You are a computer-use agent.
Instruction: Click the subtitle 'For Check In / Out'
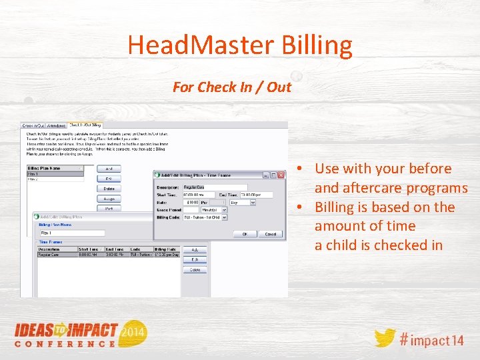tap(232, 87)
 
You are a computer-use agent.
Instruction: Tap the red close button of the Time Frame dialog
tap(281, 175)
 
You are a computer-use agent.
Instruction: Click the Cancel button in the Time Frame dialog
tap(270, 234)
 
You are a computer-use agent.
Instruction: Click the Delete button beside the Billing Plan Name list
tap(109, 189)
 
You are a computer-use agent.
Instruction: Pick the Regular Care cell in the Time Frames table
tap(51, 255)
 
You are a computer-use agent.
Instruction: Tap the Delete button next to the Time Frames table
tap(195, 270)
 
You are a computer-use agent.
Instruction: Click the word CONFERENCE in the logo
tap(65, 344)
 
